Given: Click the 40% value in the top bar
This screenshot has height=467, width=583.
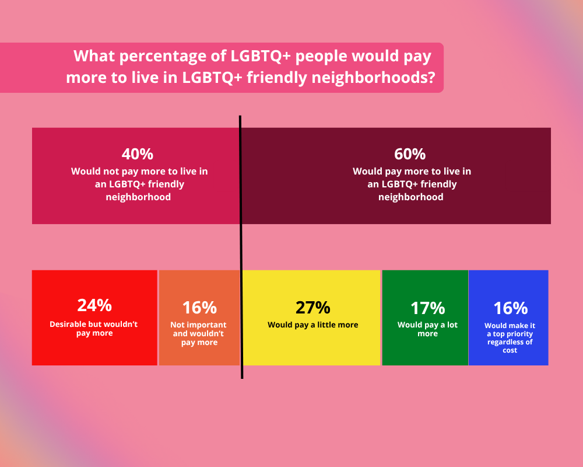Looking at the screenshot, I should click(138, 154).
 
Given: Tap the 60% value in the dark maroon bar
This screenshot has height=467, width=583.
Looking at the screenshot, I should click(410, 154).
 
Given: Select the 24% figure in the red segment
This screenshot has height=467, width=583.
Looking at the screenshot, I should click(94, 305).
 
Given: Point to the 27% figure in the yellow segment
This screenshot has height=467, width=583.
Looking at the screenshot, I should click(312, 308).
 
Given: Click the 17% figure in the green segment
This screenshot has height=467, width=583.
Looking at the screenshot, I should click(427, 308).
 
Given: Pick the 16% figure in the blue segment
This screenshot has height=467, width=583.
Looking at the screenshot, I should click(510, 308).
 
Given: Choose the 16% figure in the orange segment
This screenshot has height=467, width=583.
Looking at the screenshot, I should click(199, 308).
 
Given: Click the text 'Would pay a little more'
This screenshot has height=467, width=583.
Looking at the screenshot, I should click(312, 325).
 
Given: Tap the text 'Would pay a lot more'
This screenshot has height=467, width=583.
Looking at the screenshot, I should click(427, 329).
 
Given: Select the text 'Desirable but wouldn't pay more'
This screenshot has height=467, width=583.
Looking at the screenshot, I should click(94, 329).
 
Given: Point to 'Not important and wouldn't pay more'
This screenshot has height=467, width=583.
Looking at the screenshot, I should click(199, 333).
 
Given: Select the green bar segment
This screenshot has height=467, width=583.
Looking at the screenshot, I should click(425, 350).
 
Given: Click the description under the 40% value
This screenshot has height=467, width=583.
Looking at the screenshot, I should click(139, 184).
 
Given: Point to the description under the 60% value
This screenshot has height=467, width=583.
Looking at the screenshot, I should click(412, 184).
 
